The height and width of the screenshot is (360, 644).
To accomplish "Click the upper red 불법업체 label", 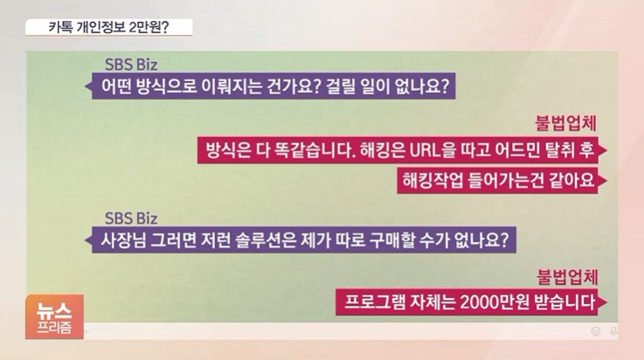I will (564, 122).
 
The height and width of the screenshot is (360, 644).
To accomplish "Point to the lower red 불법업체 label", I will (564, 276).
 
